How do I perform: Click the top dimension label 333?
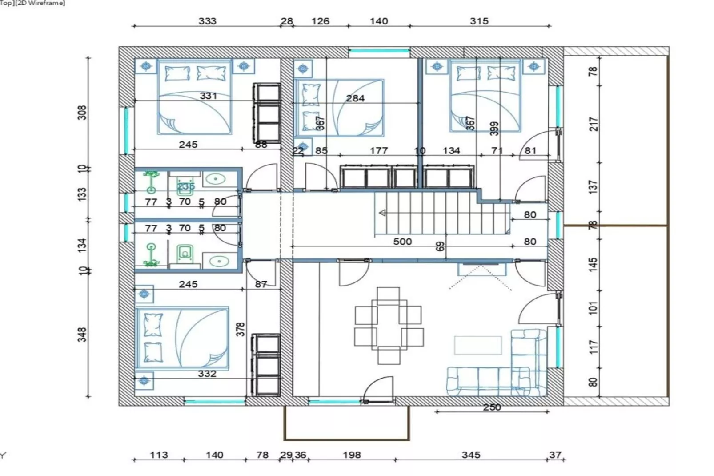click(x=207, y=21)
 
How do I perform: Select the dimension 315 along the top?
click(x=479, y=21)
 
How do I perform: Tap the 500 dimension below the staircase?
click(x=402, y=242)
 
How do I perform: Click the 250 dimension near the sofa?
click(x=492, y=407)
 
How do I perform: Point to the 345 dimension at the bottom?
click(x=470, y=455)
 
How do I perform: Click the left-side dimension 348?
click(x=82, y=335)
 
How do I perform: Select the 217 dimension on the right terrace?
click(x=594, y=124)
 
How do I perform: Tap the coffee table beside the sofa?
click(x=478, y=345)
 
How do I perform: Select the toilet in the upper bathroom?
click(x=185, y=188)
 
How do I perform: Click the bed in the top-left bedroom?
click(x=195, y=97)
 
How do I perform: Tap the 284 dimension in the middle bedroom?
click(x=355, y=98)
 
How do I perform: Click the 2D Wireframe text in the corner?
click(x=40, y=3)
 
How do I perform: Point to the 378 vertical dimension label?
click(x=240, y=329)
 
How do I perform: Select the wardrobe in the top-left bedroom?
click(x=267, y=113)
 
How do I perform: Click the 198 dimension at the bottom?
click(x=351, y=455)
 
